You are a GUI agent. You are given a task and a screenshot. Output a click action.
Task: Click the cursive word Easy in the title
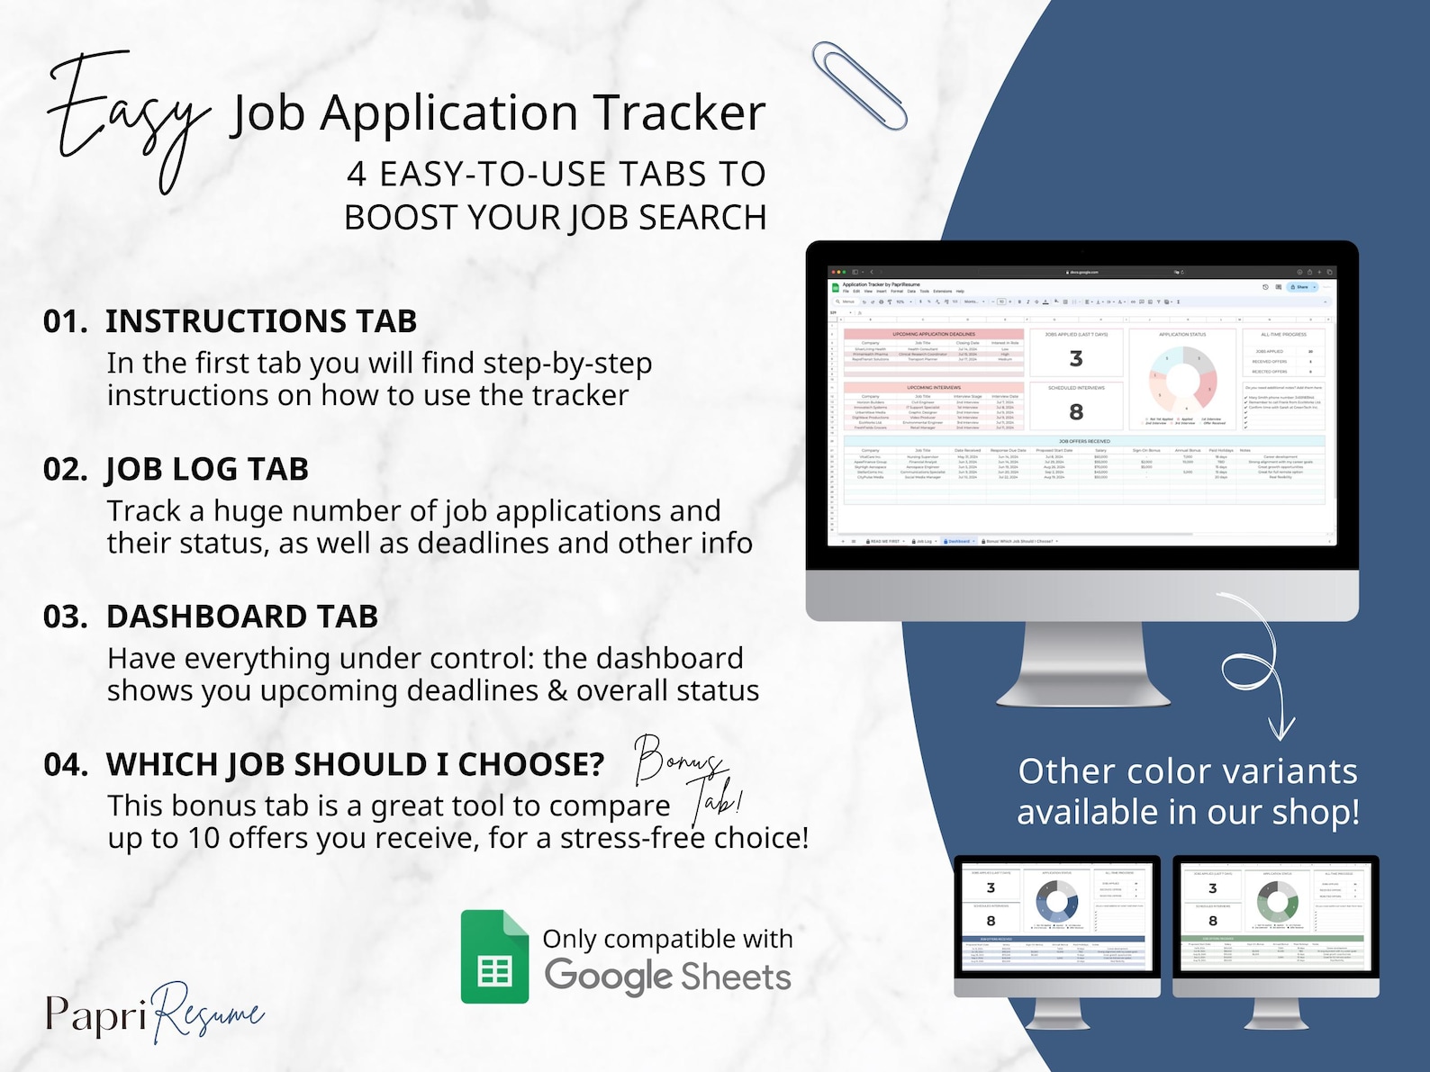tap(126, 117)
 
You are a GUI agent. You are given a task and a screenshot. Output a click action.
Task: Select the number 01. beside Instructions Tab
tap(65, 321)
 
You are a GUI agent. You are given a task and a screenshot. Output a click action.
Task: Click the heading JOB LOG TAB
tap(207, 469)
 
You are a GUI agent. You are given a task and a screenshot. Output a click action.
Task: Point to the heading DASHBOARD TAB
tap(241, 617)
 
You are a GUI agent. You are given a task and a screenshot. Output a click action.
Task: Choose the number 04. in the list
tap(66, 764)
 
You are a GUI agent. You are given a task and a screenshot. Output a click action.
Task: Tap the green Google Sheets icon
tap(494, 957)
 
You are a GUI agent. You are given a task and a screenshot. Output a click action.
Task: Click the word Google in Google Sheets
tap(609, 977)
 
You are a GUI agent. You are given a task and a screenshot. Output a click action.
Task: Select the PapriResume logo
tap(154, 1013)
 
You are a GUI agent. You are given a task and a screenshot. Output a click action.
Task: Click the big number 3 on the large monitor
tap(1076, 359)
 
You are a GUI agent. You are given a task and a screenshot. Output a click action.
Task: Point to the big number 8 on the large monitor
tap(1076, 412)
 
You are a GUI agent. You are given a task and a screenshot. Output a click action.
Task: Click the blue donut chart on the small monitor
tap(1056, 900)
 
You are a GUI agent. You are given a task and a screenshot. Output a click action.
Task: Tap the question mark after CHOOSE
tap(594, 764)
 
